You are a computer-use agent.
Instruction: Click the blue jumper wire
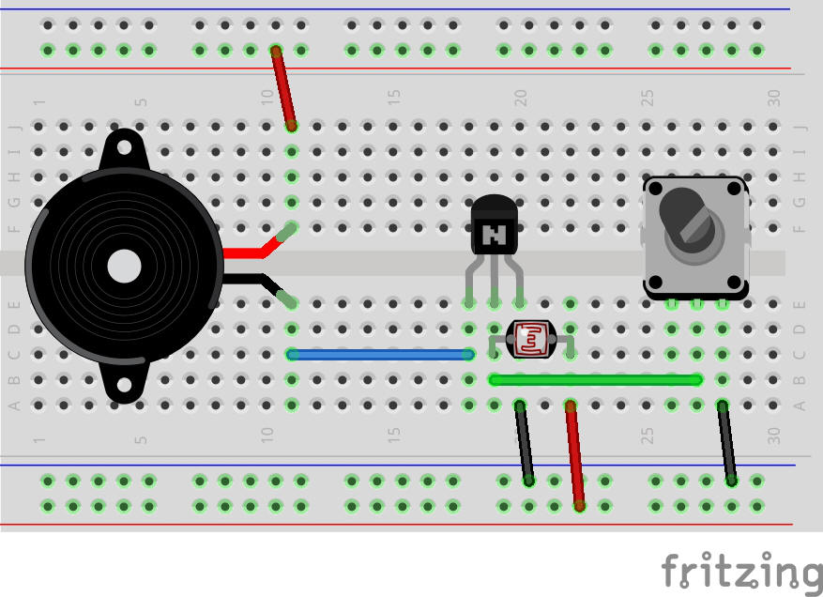[380, 355]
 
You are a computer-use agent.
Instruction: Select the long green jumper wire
[595, 380]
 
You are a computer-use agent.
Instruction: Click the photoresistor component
[531, 339]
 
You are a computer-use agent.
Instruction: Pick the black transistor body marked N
[494, 226]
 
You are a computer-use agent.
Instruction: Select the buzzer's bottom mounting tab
[124, 385]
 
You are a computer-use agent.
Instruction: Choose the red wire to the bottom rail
[574, 455]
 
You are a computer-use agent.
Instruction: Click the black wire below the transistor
[525, 442]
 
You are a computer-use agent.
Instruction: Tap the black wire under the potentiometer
[727, 442]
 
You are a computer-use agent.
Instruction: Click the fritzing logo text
[741, 570]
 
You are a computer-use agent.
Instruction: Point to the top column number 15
[394, 96]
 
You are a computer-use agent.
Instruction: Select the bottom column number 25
[647, 436]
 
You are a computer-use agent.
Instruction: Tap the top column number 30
[773, 96]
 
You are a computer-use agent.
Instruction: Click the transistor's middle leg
[494, 282]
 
